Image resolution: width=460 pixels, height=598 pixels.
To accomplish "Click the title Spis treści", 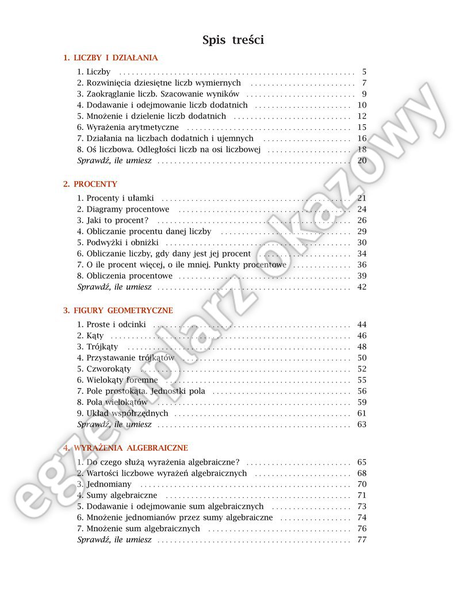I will [233, 40].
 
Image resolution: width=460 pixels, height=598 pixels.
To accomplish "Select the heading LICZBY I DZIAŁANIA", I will [110, 58].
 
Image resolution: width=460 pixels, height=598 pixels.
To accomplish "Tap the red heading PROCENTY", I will [90, 184].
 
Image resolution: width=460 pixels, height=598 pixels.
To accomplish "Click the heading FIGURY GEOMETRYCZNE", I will [118, 310].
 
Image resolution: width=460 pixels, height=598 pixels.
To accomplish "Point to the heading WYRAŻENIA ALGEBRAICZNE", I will [125, 448].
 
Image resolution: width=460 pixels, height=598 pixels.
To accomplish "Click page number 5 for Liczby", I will [364, 72].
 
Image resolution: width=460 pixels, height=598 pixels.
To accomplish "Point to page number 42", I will [362, 287].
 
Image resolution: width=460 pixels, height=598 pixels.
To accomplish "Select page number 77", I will [362, 540].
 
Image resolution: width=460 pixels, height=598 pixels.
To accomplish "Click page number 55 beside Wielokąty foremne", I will [362, 380].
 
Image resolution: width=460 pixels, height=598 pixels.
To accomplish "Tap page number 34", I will [362, 254].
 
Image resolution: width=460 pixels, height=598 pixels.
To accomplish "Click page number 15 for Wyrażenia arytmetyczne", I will [362, 127].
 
